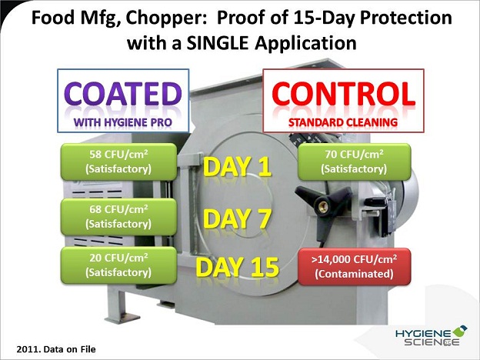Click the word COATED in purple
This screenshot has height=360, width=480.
123,95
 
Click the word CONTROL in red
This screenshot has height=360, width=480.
344,94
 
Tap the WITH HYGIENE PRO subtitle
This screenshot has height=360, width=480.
123,122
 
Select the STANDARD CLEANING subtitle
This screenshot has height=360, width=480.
343,122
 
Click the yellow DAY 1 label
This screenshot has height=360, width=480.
237,167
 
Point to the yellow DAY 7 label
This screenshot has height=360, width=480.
237,219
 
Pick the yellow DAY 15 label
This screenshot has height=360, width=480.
237,267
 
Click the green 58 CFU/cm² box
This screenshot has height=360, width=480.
118,162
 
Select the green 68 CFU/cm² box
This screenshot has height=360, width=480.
118,217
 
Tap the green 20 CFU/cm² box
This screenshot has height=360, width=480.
118,265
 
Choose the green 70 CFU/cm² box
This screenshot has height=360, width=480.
354,162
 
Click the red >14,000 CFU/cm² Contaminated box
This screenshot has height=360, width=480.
354,267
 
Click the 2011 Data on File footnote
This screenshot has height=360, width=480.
56,349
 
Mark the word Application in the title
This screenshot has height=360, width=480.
305,44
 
